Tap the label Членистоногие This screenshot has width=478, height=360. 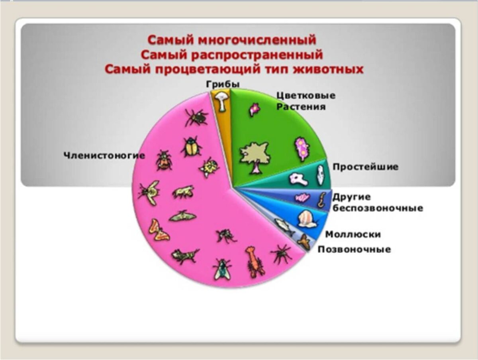coord(105,155)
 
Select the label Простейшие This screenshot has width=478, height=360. coord(365,167)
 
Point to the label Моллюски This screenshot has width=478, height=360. coord(353,234)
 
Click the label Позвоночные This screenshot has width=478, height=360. coord(354,250)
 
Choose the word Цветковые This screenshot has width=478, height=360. coord(306,96)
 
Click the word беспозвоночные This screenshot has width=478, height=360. coord(378,208)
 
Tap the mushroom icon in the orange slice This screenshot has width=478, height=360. coord(221,100)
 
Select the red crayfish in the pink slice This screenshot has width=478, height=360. coord(254,261)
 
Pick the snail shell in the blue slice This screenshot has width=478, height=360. coord(307,219)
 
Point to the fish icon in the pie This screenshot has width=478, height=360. coord(285,226)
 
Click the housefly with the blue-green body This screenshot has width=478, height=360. coord(222,269)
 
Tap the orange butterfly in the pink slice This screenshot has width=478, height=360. coord(158,230)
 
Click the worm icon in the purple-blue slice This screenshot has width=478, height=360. coord(321,200)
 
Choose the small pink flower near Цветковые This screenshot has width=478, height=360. coord(254,109)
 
